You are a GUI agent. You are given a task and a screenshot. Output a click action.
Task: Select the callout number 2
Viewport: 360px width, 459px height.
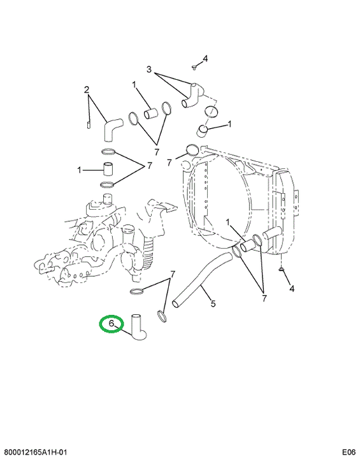pos(87,90)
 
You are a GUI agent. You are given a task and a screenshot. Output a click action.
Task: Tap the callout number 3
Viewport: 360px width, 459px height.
pos(149,69)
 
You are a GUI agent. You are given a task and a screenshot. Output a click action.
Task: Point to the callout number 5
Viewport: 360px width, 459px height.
pos(213,303)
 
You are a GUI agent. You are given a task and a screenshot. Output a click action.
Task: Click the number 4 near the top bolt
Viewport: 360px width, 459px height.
pos(205,59)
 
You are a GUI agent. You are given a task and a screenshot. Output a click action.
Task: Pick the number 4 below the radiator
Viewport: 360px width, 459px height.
pos(292,289)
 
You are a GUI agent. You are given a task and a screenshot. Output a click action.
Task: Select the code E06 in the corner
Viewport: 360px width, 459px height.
pos(349,452)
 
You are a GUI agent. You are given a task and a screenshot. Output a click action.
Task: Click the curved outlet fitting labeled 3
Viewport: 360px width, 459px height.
pos(192,95)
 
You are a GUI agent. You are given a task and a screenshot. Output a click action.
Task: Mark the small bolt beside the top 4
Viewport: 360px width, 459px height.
pos(194,68)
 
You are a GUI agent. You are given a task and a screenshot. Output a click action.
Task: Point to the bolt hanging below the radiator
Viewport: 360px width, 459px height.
pos(281,269)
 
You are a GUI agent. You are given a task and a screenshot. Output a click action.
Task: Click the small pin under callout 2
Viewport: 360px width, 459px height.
pos(89,125)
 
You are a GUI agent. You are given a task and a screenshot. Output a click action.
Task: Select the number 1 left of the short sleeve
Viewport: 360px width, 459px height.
pos(79,170)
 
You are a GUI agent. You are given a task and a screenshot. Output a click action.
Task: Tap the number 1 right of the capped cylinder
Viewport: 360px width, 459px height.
pos(230,124)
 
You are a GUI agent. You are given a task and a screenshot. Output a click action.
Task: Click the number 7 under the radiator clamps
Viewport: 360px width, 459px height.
pos(264,298)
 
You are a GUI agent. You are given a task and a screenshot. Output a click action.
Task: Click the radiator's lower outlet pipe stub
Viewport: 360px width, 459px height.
pos(272,234)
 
